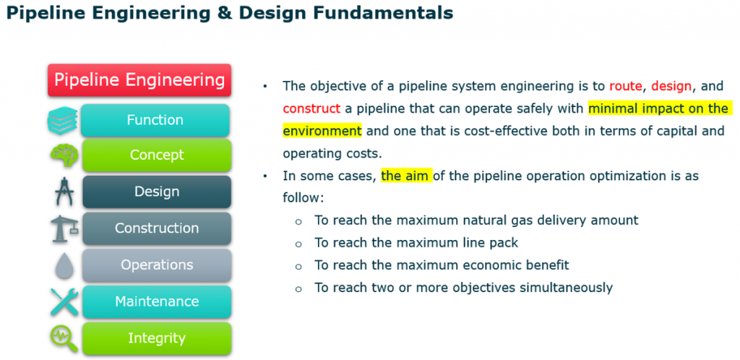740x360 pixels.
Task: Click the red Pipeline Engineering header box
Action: click(x=139, y=80)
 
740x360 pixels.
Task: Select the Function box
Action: click(x=155, y=120)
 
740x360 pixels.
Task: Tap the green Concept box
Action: click(x=157, y=155)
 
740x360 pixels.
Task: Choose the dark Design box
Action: click(x=157, y=192)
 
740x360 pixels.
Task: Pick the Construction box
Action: click(x=157, y=228)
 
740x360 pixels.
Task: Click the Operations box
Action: click(x=157, y=265)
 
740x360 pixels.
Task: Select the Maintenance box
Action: click(x=157, y=301)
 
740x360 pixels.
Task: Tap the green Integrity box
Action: click(x=157, y=338)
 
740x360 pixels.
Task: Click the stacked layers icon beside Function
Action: click(x=62, y=120)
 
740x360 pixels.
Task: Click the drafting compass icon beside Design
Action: click(x=64, y=192)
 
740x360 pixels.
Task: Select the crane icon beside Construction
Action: click(x=64, y=228)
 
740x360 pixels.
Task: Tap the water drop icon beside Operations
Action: click(x=63, y=265)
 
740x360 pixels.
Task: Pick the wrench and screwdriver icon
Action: click(x=64, y=302)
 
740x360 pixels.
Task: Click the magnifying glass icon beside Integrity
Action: click(x=64, y=339)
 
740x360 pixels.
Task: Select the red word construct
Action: click(x=311, y=108)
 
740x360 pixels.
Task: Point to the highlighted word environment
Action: click(x=322, y=130)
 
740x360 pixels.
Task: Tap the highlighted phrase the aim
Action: click(x=406, y=176)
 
